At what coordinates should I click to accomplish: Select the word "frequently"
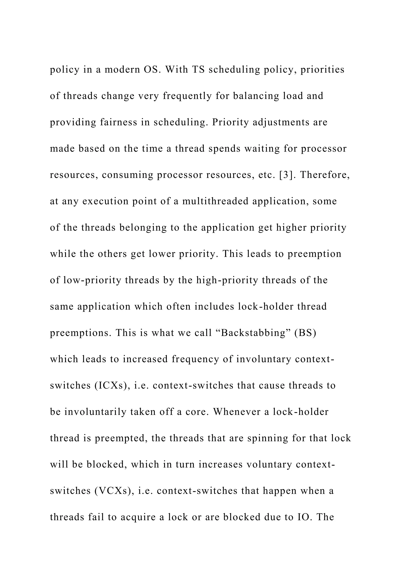click(x=187, y=96)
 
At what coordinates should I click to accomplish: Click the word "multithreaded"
click(x=215, y=201)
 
